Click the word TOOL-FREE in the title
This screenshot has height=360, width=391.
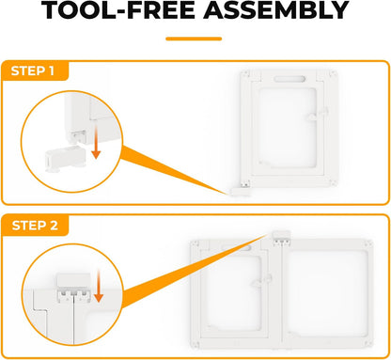pos(118,10)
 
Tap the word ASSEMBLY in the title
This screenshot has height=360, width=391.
pos(276,10)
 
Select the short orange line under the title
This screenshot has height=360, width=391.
pos(194,39)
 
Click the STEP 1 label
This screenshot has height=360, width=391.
pos(33,70)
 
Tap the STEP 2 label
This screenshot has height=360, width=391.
pos(35,226)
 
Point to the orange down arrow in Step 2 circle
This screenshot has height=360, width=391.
pos(99,286)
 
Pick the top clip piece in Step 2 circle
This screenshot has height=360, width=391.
pos(73,279)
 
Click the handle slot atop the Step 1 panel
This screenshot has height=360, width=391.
pos(289,79)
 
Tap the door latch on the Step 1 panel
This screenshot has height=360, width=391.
pos(318,115)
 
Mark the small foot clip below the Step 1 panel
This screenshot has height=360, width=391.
pos(241,192)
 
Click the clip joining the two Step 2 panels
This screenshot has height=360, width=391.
pos(281,237)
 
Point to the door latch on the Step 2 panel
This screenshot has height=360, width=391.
pos(261,281)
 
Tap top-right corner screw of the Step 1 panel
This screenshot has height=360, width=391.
pos(332,74)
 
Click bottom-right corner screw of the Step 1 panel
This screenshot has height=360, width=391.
pos(332,182)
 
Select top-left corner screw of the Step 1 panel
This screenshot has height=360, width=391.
pos(246,74)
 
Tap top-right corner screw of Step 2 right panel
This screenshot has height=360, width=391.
pos(368,243)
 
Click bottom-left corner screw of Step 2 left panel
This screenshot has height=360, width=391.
pos(195,343)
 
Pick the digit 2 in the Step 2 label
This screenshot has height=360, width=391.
pos(54,226)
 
